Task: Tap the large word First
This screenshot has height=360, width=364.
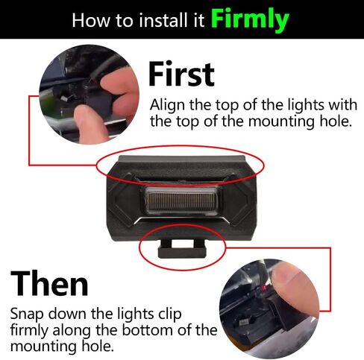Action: [181, 74]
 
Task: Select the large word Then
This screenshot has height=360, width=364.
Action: [49, 283]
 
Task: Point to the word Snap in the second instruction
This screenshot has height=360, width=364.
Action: [28, 314]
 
